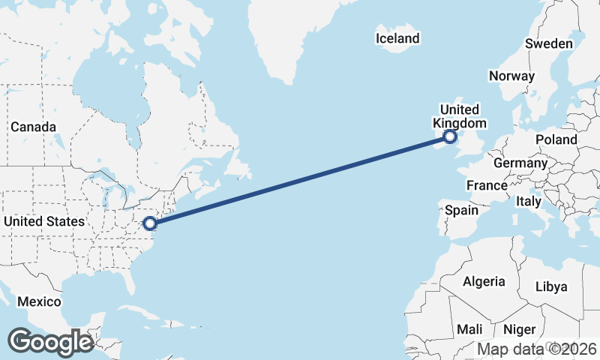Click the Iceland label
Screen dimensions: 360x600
(x=398, y=38)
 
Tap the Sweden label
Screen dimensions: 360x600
(x=548, y=43)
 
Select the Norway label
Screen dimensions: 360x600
(x=511, y=76)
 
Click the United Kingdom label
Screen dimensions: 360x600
(x=459, y=116)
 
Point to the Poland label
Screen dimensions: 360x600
(x=556, y=139)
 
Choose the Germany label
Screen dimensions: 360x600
(x=520, y=163)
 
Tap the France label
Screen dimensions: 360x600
(x=486, y=185)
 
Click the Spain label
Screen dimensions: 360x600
(x=461, y=211)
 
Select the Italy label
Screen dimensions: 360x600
(x=528, y=202)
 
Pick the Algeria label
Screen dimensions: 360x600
(x=484, y=281)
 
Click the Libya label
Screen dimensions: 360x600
(x=551, y=286)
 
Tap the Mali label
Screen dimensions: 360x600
(x=469, y=329)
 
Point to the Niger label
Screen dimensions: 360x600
(x=519, y=329)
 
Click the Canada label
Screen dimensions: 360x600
(x=33, y=127)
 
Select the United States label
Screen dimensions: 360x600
(x=44, y=221)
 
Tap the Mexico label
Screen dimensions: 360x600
(x=39, y=301)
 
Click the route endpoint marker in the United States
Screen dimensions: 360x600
(x=150, y=223)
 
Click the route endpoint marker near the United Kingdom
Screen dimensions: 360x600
(x=449, y=136)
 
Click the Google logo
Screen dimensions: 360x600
(x=50, y=341)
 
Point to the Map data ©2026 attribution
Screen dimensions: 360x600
(x=537, y=349)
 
